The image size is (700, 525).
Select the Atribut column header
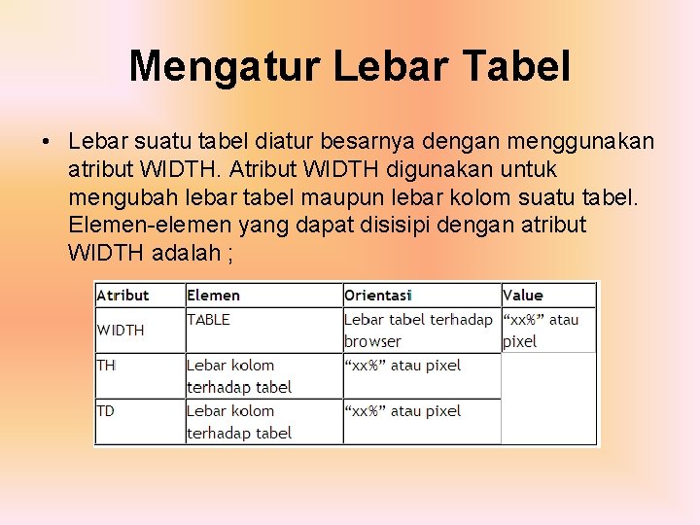[122, 296]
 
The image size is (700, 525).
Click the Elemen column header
[213, 296]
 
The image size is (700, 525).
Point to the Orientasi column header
[378, 296]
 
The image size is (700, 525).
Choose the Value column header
[523, 296]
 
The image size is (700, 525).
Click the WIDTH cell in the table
[121, 331]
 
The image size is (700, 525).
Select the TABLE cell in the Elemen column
[208, 319]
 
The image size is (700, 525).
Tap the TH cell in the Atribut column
[106, 366]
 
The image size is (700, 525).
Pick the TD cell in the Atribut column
[106, 411]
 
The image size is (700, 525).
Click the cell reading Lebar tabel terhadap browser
[418, 330]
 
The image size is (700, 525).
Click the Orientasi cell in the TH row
[402, 366]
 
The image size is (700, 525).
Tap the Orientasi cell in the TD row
[402, 411]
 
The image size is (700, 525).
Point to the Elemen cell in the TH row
[238, 376]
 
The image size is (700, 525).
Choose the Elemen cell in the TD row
[238, 422]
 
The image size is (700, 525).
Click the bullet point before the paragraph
[46, 143]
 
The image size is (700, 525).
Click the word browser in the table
[372, 341]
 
